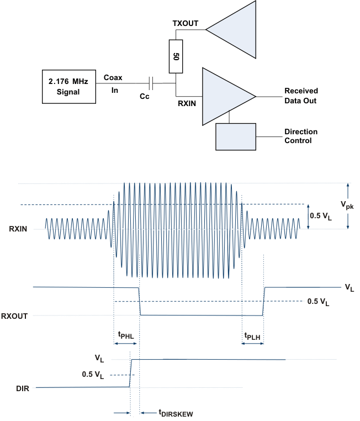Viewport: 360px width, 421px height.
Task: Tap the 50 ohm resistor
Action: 176,56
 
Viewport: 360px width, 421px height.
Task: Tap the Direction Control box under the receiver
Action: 236,136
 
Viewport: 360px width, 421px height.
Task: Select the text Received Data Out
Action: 301,95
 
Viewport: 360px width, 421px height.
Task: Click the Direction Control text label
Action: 301,136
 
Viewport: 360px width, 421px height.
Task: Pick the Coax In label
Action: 113,84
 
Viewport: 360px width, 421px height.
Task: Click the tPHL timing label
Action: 126,334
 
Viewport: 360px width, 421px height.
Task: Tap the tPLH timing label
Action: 253,335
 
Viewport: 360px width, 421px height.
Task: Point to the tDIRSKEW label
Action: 175,412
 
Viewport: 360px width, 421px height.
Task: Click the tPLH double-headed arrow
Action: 252,343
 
